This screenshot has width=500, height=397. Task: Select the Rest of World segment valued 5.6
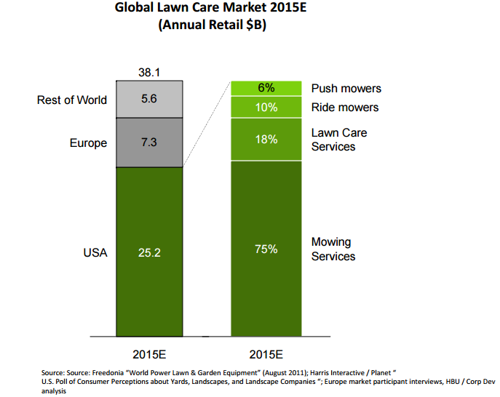149,100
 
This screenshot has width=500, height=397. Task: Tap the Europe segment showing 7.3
149,143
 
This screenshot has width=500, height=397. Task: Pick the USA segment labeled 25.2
149,252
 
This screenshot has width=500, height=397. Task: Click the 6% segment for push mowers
266,88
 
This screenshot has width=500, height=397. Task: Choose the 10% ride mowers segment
266,108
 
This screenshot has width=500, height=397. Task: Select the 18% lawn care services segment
266,140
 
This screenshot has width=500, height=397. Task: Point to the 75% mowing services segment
266,249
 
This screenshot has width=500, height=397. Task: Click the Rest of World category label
72,100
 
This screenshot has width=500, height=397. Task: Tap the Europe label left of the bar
88,143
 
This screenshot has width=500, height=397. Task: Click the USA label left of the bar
95,252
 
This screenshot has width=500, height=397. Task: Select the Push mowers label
346,89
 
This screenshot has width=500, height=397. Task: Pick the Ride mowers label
345,108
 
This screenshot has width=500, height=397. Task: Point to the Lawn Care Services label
339,140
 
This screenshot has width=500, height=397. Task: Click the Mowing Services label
333,249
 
